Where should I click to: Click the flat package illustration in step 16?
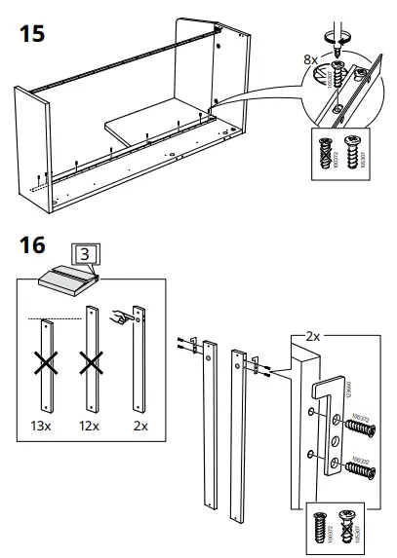click(65, 279)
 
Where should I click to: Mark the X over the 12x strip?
click(93, 366)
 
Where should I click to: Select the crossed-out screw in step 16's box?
click(349, 527)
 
